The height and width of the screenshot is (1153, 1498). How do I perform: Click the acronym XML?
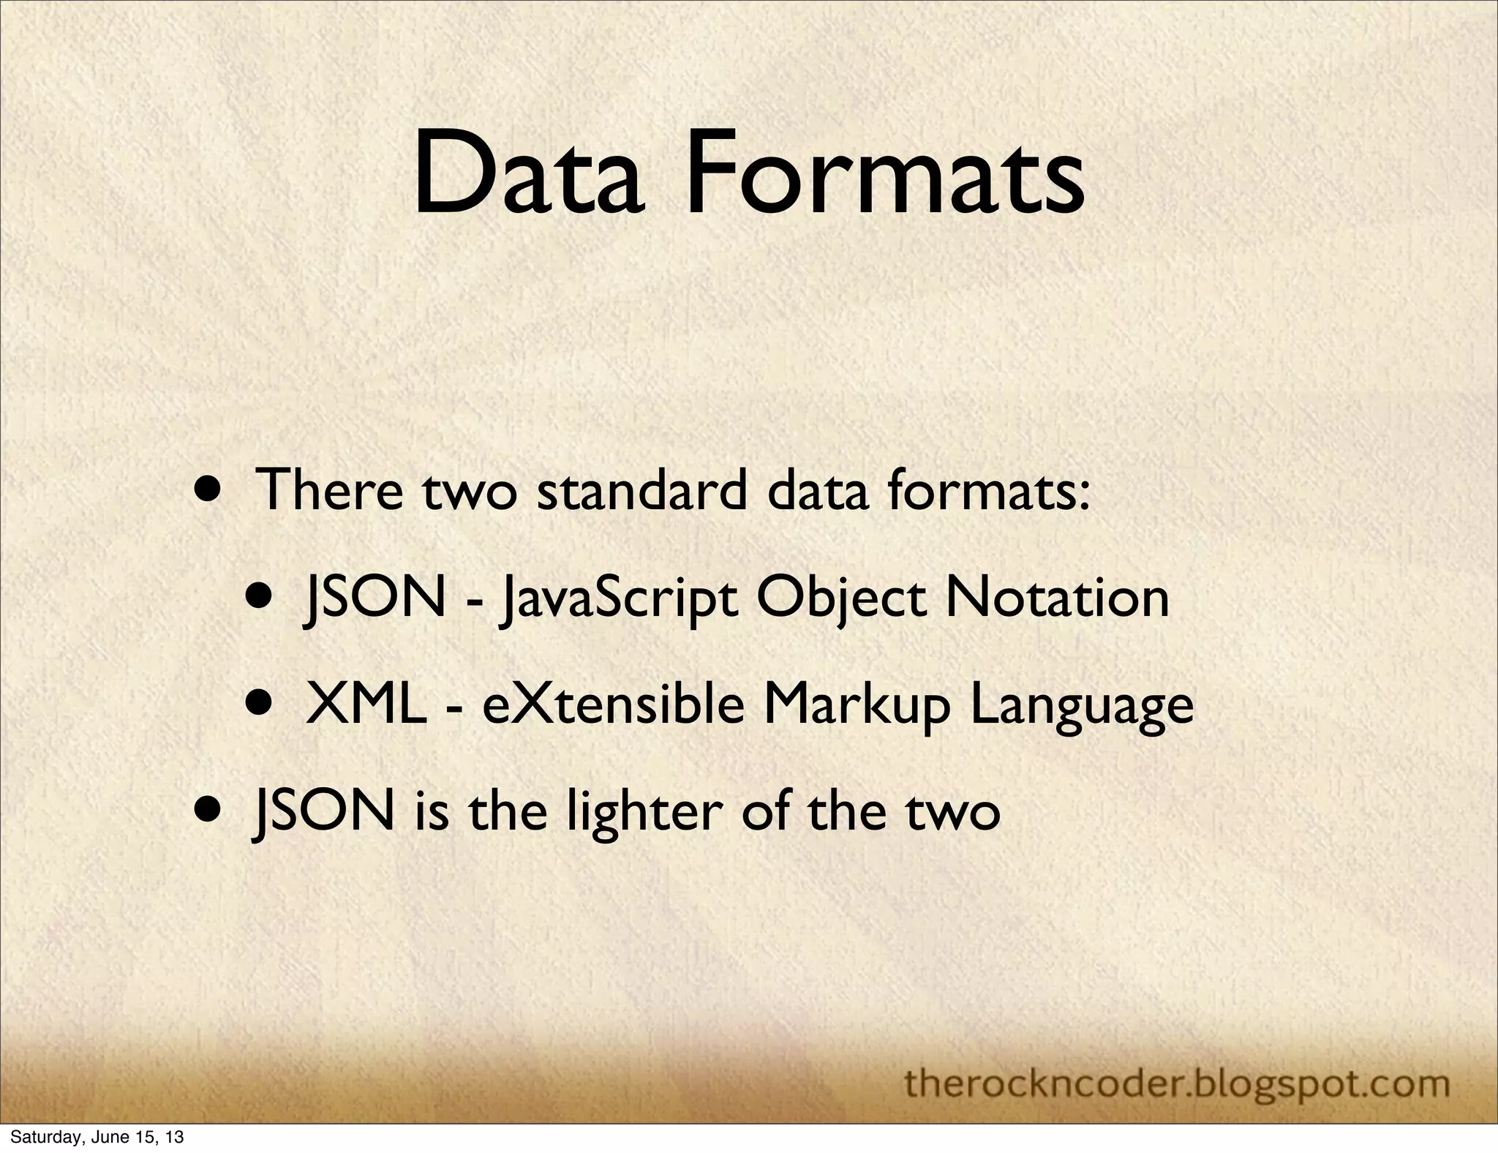pyautogui.click(x=366, y=705)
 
